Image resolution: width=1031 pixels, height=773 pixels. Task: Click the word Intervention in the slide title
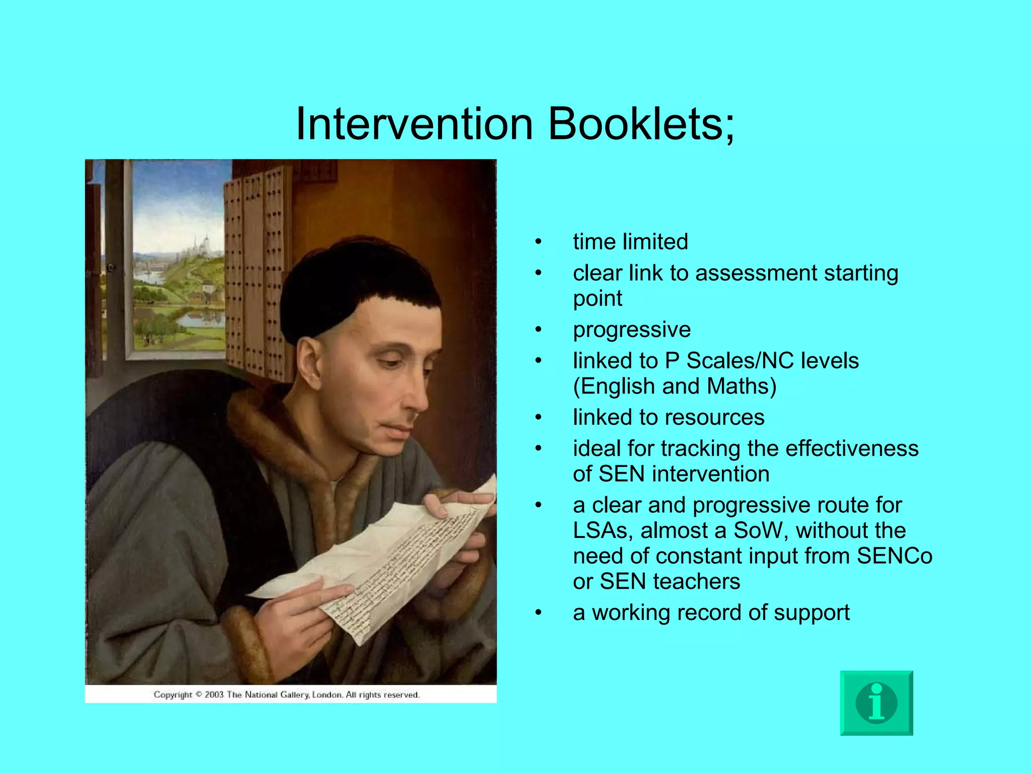click(414, 124)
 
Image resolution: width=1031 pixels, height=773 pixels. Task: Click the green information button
click(876, 703)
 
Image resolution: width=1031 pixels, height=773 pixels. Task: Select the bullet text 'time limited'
click(630, 242)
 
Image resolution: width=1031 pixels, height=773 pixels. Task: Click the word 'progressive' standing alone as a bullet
click(632, 330)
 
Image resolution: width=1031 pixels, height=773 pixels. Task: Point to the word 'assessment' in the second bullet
click(757, 273)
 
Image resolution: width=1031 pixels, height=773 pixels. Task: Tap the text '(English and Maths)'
click(675, 386)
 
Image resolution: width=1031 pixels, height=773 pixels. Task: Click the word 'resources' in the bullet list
click(714, 417)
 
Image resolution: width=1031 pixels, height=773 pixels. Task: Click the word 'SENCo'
click(895, 556)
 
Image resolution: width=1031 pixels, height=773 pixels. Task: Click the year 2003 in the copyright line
click(214, 695)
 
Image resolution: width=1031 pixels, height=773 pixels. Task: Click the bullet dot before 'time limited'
click(538, 242)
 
